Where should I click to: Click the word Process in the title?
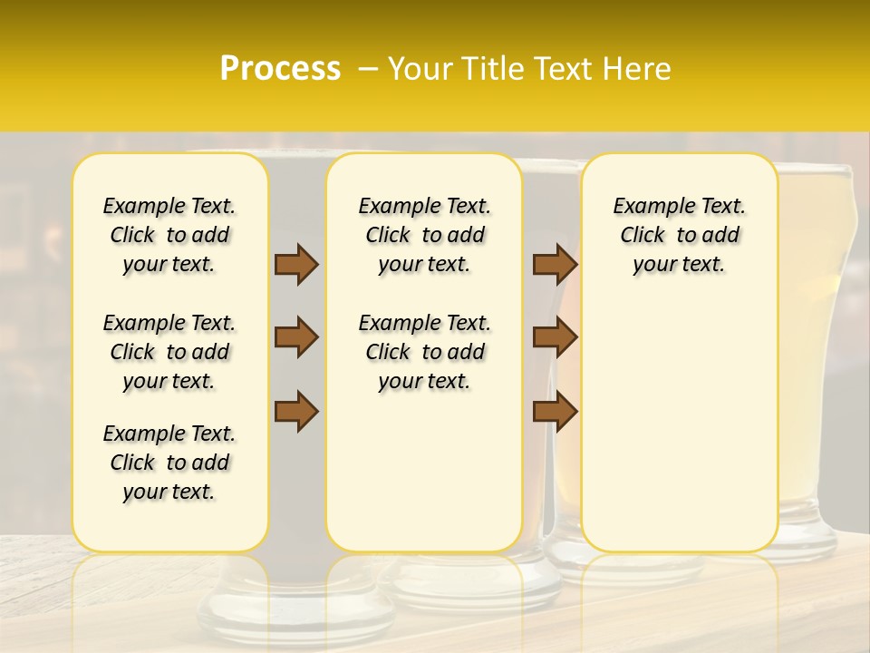pos(280,68)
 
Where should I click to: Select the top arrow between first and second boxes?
pos(296,264)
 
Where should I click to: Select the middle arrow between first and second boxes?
pos(296,337)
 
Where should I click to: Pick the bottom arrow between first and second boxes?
pos(296,411)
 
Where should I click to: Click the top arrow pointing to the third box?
pos(555,264)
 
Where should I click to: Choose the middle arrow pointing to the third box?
pos(555,337)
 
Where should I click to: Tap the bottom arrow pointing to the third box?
pos(555,411)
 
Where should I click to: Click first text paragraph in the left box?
pos(169,235)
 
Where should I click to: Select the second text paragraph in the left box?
pos(169,352)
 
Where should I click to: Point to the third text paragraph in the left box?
pos(169,463)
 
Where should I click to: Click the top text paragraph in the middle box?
pos(424,235)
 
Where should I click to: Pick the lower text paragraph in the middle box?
pos(424,352)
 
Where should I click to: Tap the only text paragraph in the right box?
pos(680,235)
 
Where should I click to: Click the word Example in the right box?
pos(647,207)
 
